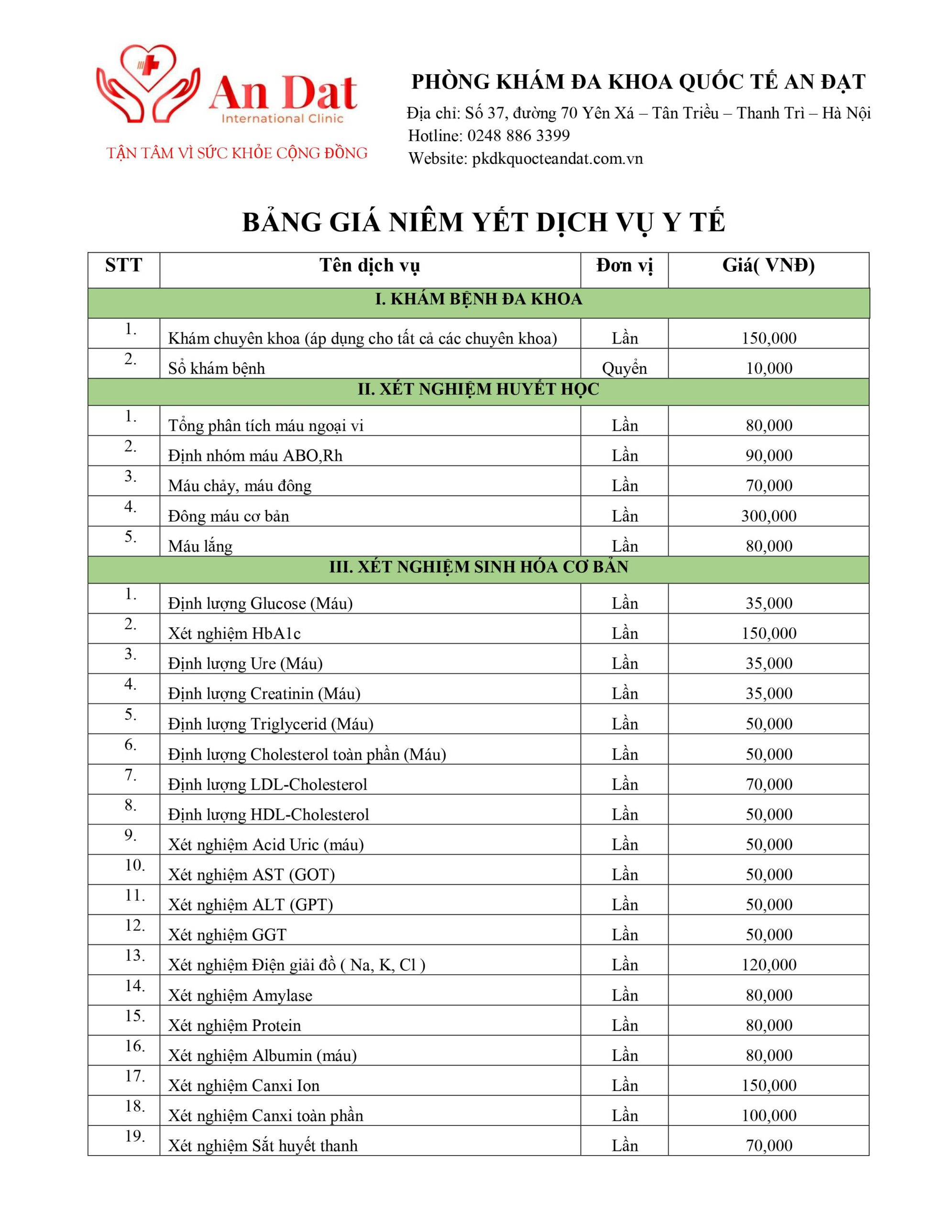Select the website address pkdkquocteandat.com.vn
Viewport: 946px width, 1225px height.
coord(557,159)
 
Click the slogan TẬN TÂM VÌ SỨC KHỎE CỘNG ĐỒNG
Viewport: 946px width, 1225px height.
coord(237,153)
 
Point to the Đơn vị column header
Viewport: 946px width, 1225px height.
coord(624,265)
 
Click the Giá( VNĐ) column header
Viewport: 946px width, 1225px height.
coord(768,265)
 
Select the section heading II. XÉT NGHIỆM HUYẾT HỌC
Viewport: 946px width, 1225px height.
coord(478,389)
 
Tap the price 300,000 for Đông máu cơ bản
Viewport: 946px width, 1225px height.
coord(768,516)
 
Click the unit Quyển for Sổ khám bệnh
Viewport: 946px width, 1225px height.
coord(624,368)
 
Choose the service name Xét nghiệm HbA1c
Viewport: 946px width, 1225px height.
coord(234,634)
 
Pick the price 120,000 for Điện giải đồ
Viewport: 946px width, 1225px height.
coord(768,965)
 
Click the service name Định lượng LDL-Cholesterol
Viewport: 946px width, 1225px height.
coord(267,784)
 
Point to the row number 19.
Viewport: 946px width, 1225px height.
coord(134,1137)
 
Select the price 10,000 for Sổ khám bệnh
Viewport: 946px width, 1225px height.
coord(769,368)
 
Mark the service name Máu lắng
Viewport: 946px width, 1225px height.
coord(200,546)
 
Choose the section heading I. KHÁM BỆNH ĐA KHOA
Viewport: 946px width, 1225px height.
coord(478,300)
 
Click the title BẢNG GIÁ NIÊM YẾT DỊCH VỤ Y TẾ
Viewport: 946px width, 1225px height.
coord(484,223)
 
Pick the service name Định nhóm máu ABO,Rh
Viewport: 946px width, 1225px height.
coord(255,456)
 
